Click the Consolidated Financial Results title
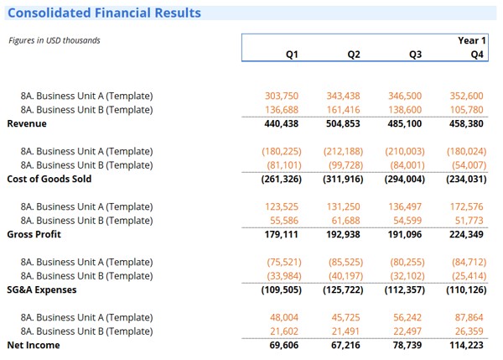click(x=104, y=13)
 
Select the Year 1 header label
click(x=471, y=40)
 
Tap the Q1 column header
click(x=292, y=55)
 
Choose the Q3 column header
click(x=415, y=55)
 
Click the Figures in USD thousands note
click(x=54, y=40)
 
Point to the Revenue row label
click(x=27, y=123)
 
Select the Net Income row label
click(x=32, y=345)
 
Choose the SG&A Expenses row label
click(x=42, y=290)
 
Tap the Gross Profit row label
click(x=34, y=234)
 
